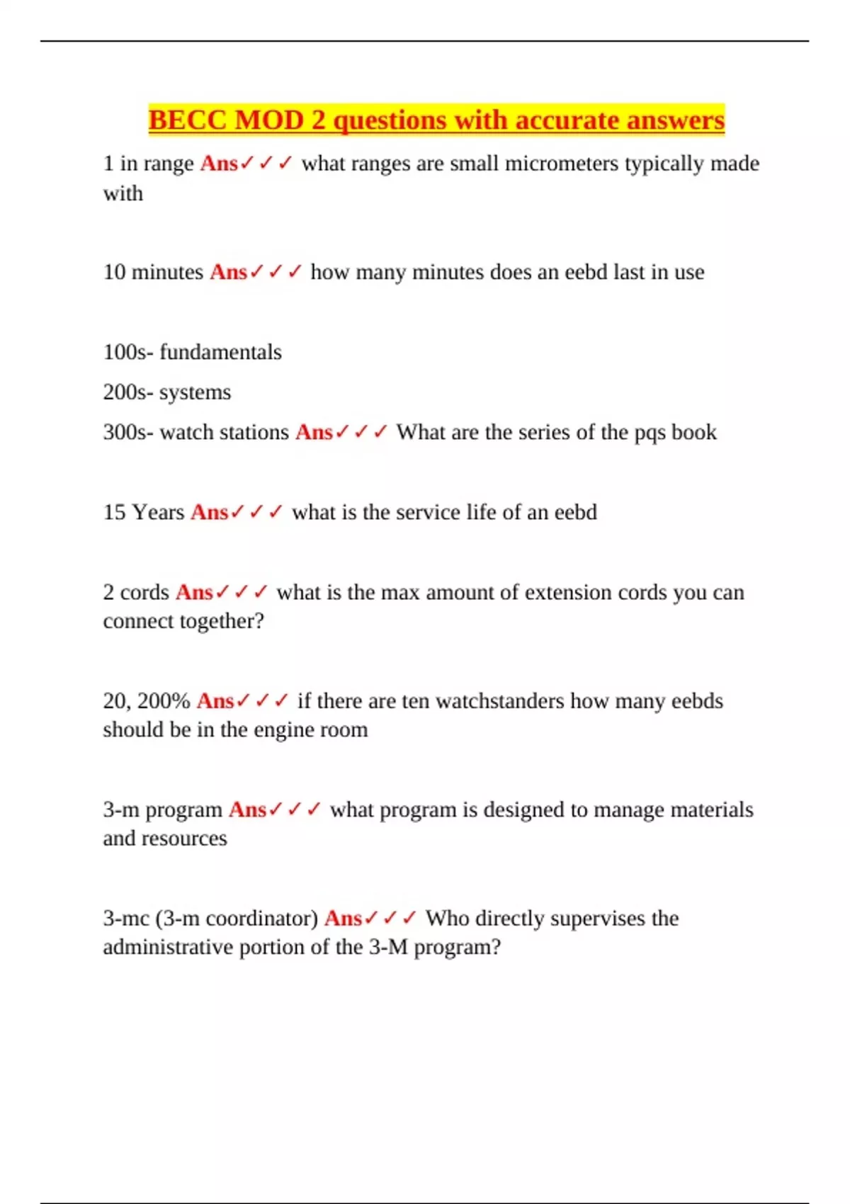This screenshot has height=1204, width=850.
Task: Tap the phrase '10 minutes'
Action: click(153, 272)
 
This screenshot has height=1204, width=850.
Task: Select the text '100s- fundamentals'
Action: click(192, 352)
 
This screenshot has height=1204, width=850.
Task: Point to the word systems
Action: click(195, 392)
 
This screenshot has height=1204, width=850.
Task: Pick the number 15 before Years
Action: click(114, 512)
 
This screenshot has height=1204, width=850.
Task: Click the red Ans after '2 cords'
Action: click(194, 592)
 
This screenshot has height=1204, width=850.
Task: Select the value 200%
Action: click(164, 701)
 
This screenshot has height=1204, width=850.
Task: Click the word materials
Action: click(712, 810)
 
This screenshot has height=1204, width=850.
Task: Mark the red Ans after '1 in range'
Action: click(220, 164)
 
